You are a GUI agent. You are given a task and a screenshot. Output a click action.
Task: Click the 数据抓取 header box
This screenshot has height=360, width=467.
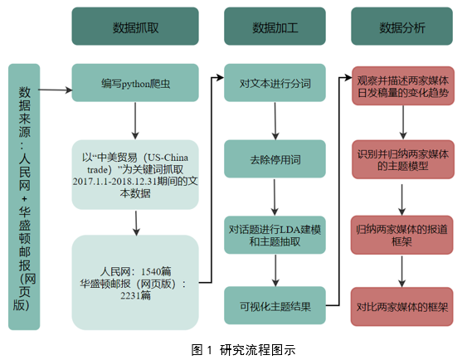[135, 27]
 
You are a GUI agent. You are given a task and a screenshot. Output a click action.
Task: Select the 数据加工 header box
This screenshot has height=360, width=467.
[275, 27]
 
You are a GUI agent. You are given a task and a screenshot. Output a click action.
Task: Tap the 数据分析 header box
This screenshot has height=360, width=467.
[401, 27]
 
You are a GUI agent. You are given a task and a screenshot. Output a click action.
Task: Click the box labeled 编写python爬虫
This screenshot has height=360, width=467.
[135, 83]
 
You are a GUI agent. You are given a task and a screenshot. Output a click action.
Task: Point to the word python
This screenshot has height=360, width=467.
[135, 85]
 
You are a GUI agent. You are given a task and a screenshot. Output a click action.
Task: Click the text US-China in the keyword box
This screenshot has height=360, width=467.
[168, 158]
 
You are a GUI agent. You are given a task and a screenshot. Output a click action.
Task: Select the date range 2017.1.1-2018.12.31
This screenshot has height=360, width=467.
[114, 182]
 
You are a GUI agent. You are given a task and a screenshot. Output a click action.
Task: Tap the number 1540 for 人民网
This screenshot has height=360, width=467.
[151, 271]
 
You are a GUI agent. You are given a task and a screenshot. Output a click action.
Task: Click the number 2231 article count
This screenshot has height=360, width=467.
[131, 295]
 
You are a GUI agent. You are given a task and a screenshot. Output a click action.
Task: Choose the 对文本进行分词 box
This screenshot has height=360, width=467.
[275, 83]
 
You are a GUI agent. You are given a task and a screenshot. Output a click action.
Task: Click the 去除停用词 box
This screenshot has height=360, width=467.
[275, 159]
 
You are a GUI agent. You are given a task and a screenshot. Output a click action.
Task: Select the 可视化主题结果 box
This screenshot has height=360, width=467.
[275, 305]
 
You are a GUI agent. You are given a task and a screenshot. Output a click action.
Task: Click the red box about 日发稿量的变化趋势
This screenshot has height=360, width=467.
[403, 85]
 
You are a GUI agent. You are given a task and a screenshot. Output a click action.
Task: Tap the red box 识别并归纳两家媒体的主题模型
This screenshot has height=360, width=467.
[403, 159]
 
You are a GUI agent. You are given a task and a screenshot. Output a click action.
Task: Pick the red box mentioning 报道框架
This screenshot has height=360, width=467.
[401, 236]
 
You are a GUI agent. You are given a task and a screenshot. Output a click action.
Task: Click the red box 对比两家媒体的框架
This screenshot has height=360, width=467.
[401, 307]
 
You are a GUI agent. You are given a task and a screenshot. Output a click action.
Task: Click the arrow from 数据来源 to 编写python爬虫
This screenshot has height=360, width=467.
[56, 90]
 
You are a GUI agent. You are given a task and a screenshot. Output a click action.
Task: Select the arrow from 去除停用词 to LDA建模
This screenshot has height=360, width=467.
[275, 197]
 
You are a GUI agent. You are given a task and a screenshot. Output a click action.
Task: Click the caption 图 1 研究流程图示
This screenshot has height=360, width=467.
[243, 349]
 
